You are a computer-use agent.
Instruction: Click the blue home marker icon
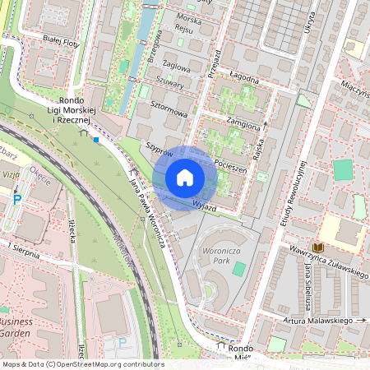point(184,178)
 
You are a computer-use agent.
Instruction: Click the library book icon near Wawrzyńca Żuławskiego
point(317,247)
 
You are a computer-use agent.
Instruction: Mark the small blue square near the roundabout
point(96,140)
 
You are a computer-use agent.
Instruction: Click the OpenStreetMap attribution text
point(82,363)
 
